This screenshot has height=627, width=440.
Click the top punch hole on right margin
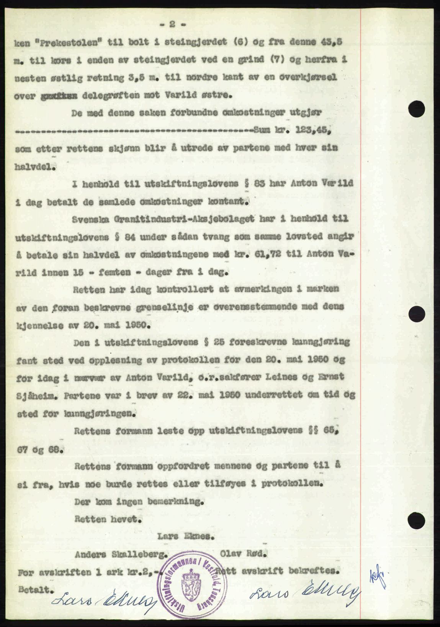416,103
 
